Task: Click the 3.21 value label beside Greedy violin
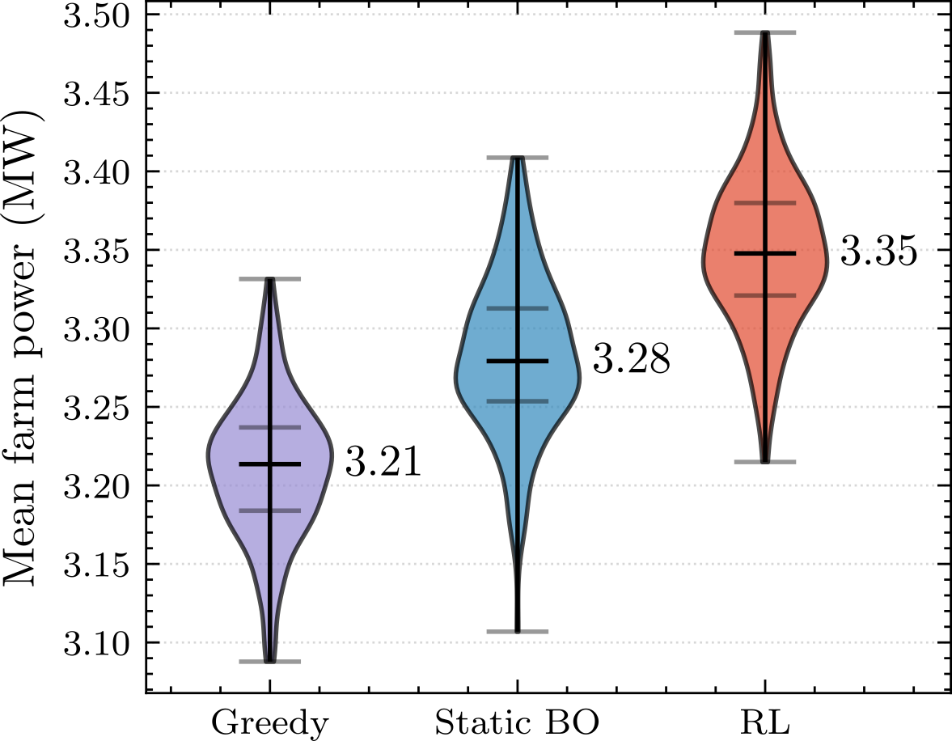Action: [383, 463]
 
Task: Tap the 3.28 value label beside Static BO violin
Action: [632, 360]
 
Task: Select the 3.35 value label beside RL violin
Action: [878, 252]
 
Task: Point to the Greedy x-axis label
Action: [270, 722]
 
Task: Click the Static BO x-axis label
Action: [517, 722]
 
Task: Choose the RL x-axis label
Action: [765, 722]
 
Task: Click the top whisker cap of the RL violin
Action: [765, 32]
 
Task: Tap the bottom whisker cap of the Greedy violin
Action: [270, 662]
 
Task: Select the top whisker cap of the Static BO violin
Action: [518, 158]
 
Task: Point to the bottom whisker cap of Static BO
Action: [518, 631]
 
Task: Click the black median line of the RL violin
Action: [765, 253]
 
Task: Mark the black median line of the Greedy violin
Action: [270, 464]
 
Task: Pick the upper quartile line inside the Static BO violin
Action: [518, 308]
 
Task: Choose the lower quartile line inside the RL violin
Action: [765, 295]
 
